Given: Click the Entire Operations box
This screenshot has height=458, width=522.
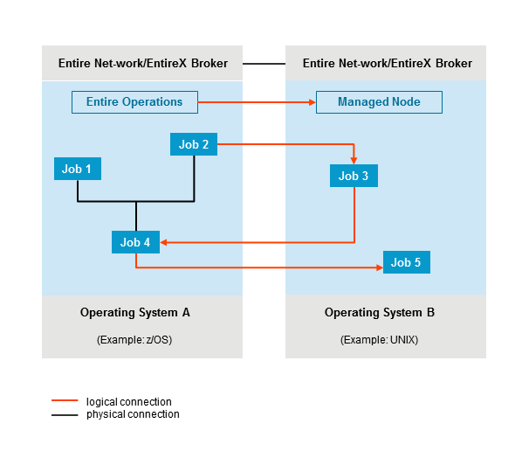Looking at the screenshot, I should point(134,102).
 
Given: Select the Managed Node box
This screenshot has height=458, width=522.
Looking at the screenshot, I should point(379,102).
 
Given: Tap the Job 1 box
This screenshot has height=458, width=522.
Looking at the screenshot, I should point(77,168).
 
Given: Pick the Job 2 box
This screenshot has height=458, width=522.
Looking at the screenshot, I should point(193,145).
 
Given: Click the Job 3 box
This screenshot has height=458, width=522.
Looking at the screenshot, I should point(354,176).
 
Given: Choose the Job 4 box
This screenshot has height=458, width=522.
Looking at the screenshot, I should point(135,242).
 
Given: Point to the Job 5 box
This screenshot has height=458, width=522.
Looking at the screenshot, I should point(406,262).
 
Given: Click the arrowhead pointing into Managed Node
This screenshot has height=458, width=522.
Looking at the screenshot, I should point(310,102).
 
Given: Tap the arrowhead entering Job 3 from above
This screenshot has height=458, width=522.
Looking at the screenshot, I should point(354,159).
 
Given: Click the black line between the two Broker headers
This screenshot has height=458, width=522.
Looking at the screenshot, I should point(264,64).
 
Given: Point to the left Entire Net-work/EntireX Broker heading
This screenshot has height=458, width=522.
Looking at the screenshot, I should point(142,64).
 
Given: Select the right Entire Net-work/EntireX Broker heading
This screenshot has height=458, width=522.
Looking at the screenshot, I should point(386,64).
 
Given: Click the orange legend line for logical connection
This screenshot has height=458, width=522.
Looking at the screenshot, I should point(65,402).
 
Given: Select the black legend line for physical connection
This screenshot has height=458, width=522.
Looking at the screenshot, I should point(65,414).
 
